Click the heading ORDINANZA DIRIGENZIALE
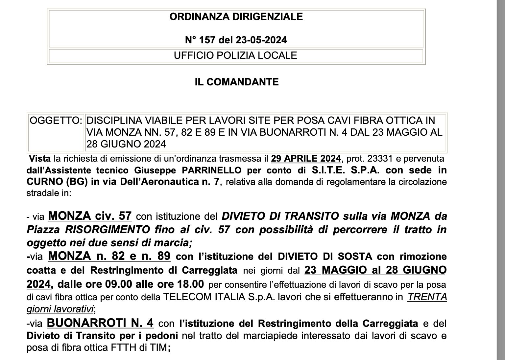(236, 17)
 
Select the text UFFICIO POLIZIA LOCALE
(235, 55)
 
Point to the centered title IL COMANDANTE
(236, 82)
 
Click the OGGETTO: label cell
(56, 121)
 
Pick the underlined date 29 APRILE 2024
(306, 159)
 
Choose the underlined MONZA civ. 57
(90, 216)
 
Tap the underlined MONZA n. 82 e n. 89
(109, 256)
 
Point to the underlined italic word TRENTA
(427, 297)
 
